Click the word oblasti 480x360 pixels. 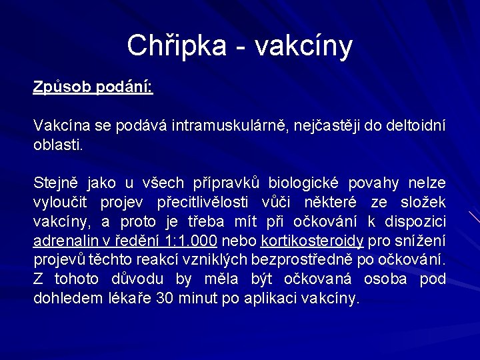click(59, 144)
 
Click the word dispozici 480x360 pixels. click(419, 221)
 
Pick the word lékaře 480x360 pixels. click(129, 297)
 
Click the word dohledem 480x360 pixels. click(67, 297)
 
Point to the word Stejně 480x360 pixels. click(55, 183)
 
